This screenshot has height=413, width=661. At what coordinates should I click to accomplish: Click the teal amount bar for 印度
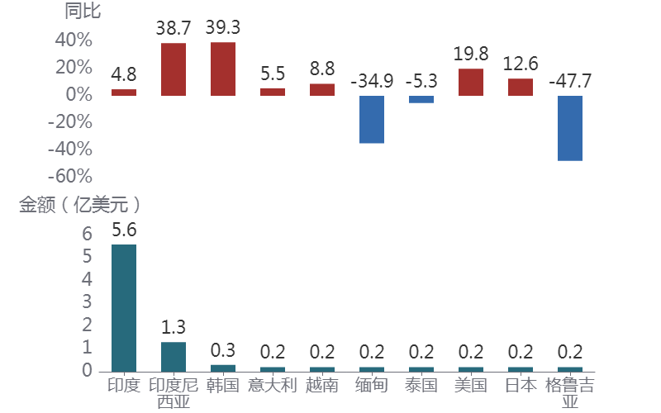pos(124,307)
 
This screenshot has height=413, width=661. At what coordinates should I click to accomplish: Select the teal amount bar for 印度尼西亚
pos(174,356)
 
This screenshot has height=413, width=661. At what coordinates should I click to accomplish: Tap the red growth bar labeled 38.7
pos(174,69)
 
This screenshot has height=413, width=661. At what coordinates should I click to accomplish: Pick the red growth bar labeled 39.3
pos(223,69)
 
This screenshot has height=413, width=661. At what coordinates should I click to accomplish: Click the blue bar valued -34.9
pos(372,120)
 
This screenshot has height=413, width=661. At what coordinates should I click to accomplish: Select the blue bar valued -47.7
pos(570,128)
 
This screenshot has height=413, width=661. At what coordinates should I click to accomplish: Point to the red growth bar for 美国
pos(471,82)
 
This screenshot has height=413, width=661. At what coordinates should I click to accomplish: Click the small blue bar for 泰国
pos(421,99)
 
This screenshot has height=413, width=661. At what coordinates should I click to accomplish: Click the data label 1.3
pos(174,327)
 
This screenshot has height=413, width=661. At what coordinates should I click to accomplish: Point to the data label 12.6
pos(521,64)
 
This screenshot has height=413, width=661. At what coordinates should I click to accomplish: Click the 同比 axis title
pos(83,11)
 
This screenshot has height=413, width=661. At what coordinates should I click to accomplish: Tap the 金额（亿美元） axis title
pos(79,205)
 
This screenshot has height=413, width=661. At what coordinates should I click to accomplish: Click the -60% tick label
pos(72,176)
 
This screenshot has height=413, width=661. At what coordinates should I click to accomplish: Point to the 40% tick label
pos(74,40)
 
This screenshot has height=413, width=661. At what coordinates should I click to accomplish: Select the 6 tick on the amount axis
pos(87,234)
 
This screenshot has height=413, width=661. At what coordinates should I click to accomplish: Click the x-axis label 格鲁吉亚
pos(570,393)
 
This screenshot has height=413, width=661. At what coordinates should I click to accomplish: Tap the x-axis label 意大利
pos(273,385)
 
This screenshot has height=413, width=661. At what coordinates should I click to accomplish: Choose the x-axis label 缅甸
pos(372,385)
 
